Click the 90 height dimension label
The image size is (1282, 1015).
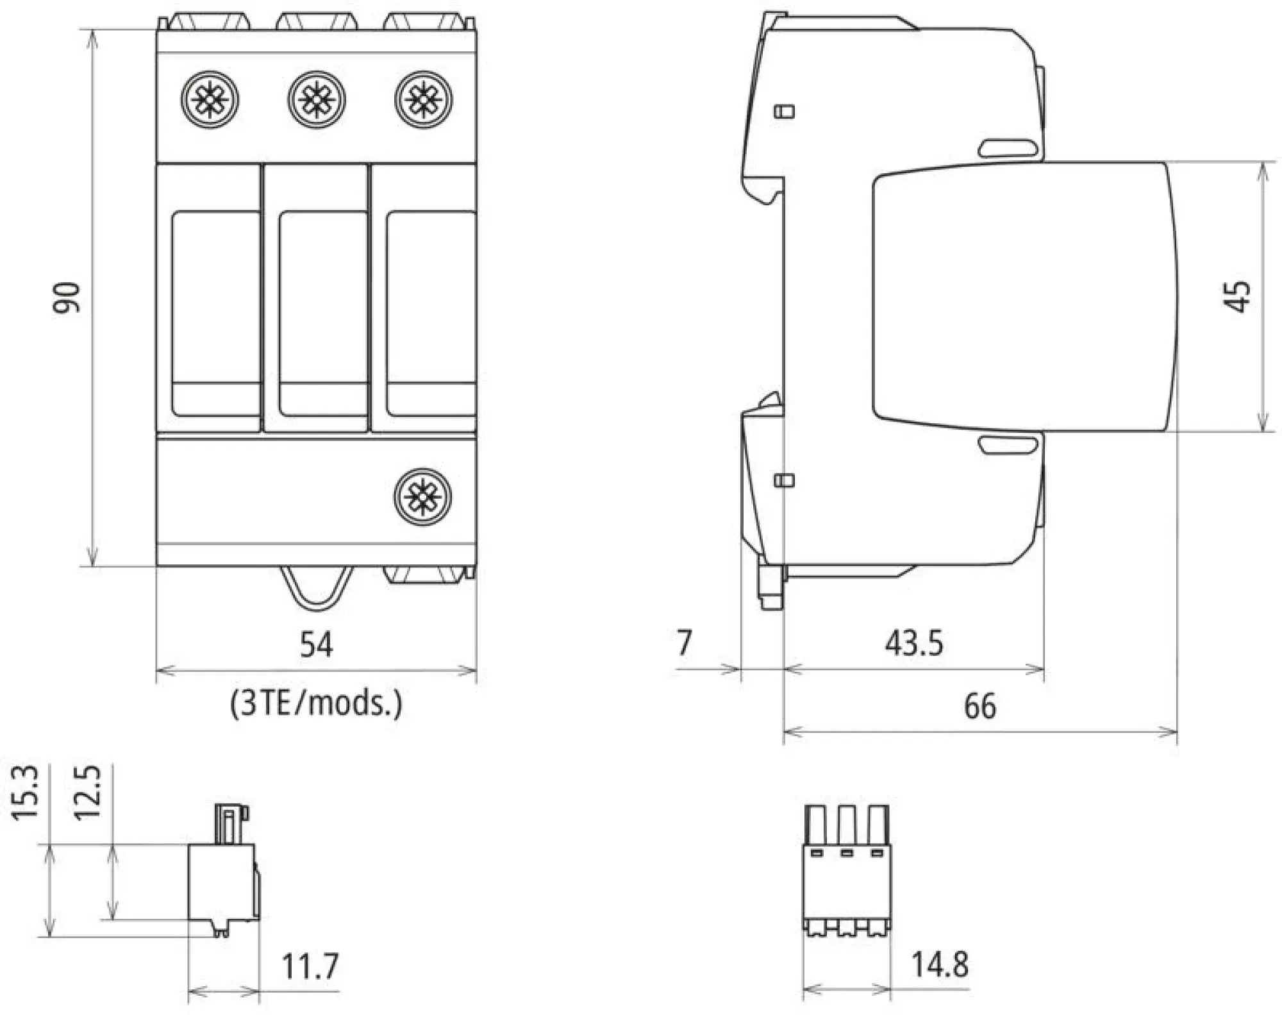[x=67, y=298]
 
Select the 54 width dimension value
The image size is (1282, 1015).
[x=317, y=644]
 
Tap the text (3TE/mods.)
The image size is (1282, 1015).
[x=317, y=703]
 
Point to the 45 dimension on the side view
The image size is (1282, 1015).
[x=1240, y=297]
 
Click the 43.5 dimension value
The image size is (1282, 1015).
[x=914, y=642]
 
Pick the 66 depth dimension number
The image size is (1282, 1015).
[x=980, y=706]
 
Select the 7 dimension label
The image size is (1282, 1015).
[x=685, y=642]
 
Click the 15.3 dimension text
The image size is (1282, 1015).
[x=26, y=793]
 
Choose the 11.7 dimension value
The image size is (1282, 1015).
[x=310, y=966]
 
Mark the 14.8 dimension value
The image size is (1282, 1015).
[x=940, y=964]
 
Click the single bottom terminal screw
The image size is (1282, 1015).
[x=423, y=497]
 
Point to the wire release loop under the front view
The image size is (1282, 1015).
[x=317, y=587]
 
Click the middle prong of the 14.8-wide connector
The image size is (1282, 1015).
[x=847, y=826]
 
